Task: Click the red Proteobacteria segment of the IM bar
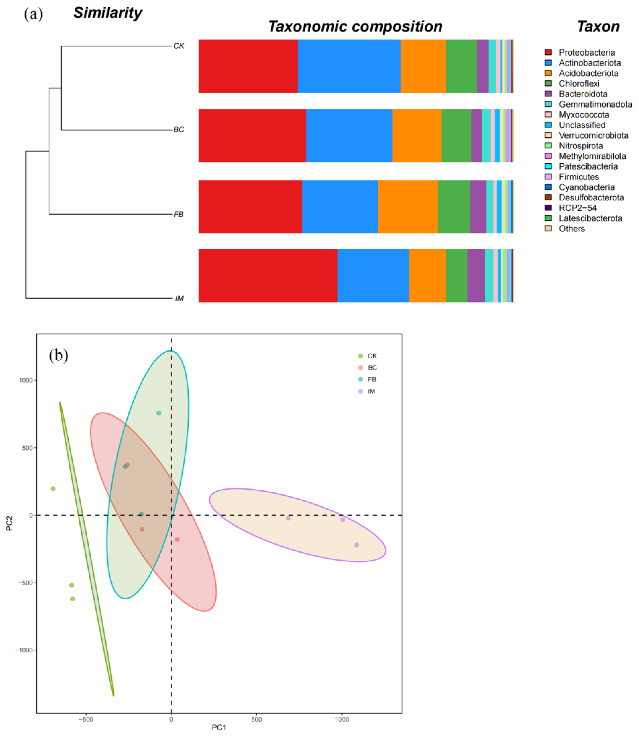(268, 275)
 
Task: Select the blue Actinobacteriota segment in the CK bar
(349, 66)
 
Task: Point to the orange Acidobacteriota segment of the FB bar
(408, 207)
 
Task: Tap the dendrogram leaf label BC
(179, 130)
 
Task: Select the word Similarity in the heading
(108, 13)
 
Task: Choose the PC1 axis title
(219, 727)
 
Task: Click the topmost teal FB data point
(159, 413)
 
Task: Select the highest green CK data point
(53, 489)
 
